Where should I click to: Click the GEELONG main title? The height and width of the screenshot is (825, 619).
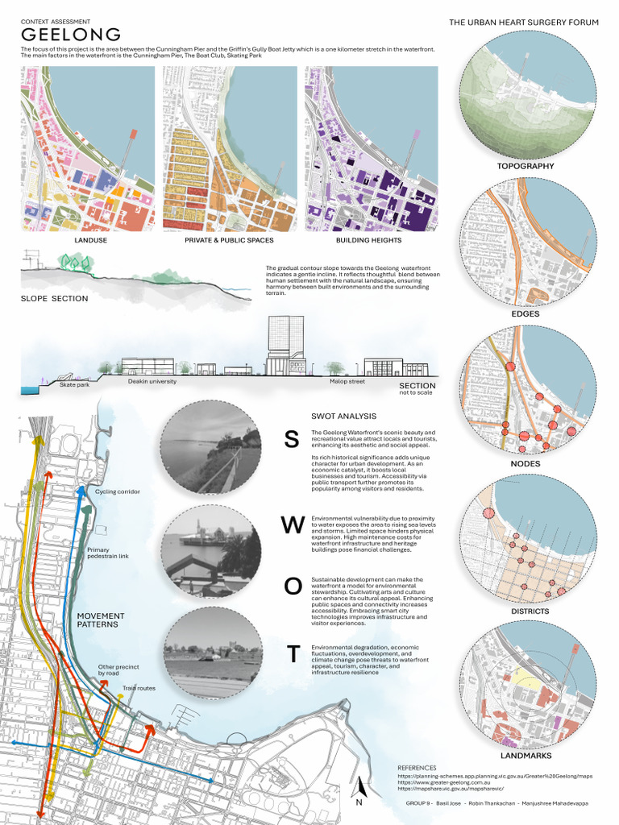click(71, 35)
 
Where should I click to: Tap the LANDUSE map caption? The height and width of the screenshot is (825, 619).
click(90, 240)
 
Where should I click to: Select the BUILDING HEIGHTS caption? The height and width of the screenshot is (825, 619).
click(370, 240)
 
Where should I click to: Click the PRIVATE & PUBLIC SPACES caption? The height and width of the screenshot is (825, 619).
click(229, 240)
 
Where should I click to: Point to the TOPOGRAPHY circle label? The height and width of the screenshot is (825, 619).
click(525, 166)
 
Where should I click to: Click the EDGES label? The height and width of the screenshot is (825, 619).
click(526, 313)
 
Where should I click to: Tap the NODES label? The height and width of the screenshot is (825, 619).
click(526, 463)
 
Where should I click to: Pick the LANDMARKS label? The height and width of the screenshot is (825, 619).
click(526, 756)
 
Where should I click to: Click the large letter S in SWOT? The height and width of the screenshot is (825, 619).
click(292, 439)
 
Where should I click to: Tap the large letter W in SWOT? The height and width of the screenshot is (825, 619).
click(292, 525)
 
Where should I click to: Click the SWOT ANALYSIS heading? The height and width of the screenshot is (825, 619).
click(343, 416)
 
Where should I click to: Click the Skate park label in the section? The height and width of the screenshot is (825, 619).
click(74, 385)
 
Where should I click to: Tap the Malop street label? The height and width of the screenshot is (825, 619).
click(346, 382)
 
